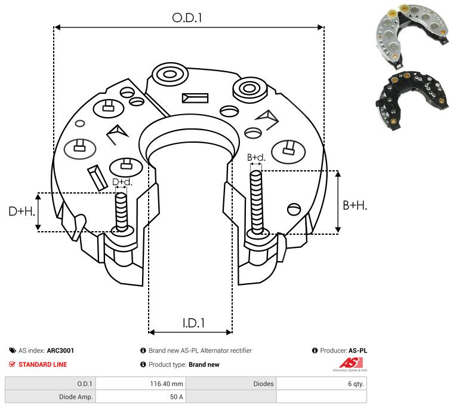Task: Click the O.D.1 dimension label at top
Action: [x=187, y=18]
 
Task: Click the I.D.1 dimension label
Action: [x=193, y=323]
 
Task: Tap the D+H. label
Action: [x=22, y=211]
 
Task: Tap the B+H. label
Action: [x=355, y=205]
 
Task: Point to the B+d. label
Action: [x=256, y=158]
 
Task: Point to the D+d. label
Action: [x=122, y=182]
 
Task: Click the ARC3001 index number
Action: [x=60, y=351]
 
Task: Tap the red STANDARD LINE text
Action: [x=42, y=364]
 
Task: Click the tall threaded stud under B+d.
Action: [x=257, y=203]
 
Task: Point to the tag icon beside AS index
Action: [x=13, y=351]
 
